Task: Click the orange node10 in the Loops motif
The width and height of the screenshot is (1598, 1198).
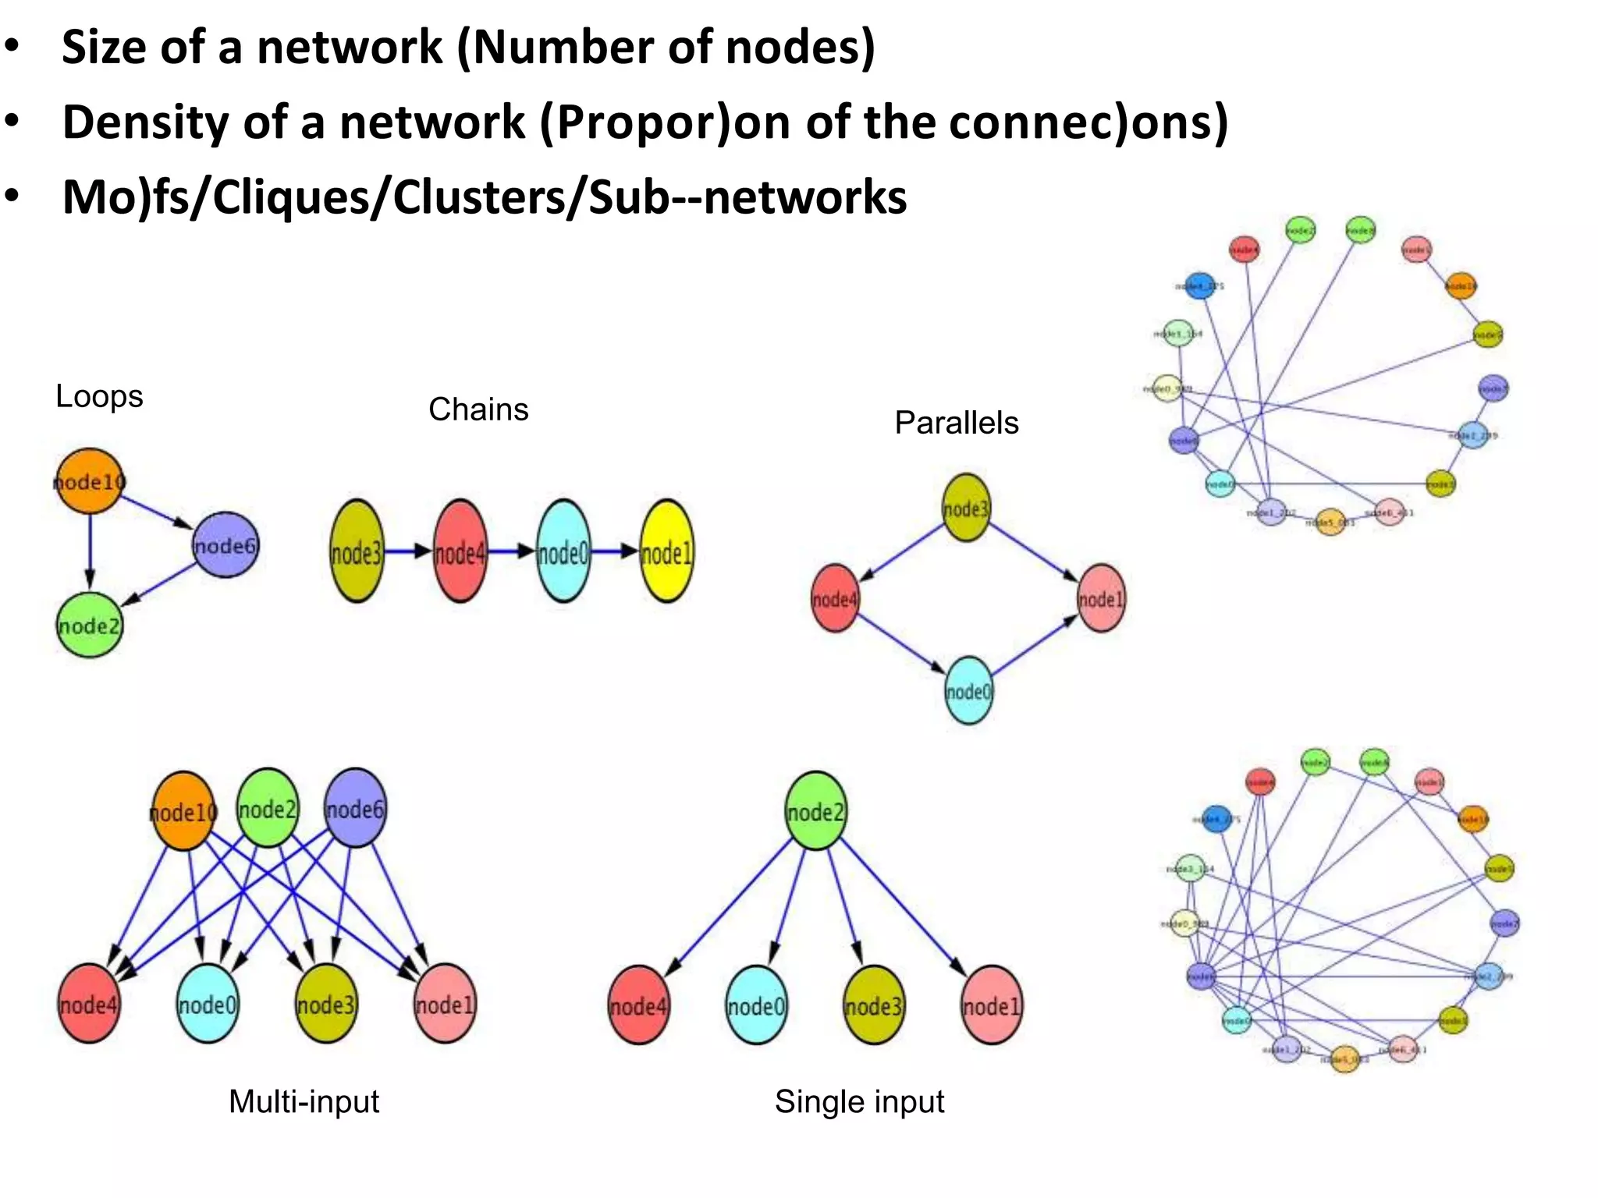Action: point(90,481)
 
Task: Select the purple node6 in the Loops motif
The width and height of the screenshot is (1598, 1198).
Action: point(225,545)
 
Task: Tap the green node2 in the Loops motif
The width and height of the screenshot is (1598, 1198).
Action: point(90,625)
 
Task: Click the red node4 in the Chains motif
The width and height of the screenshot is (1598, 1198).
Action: point(460,551)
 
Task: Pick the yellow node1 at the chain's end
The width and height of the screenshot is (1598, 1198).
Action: point(666,551)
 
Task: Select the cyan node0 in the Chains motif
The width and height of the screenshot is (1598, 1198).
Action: point(563,551)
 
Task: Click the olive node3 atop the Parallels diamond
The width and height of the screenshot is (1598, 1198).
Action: point(966,508)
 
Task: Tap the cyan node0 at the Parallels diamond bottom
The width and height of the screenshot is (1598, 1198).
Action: point(968,690)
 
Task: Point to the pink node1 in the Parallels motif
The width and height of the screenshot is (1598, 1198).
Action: point(1101,598)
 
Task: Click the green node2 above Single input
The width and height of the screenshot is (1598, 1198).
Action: point(815,811)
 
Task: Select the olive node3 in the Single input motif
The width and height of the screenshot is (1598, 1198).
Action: point(874,1005)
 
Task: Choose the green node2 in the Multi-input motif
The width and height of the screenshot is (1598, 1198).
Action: point(268,808)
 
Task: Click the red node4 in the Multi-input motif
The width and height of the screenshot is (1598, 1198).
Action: point(89,1004)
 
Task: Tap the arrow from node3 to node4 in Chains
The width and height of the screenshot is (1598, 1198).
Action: point(408,551)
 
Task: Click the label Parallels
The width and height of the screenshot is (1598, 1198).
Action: point(956,423)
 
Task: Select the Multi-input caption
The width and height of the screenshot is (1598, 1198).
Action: point(304,1101)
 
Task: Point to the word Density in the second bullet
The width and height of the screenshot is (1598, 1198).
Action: point(146,122)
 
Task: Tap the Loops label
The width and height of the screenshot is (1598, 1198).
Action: point(99,396)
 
